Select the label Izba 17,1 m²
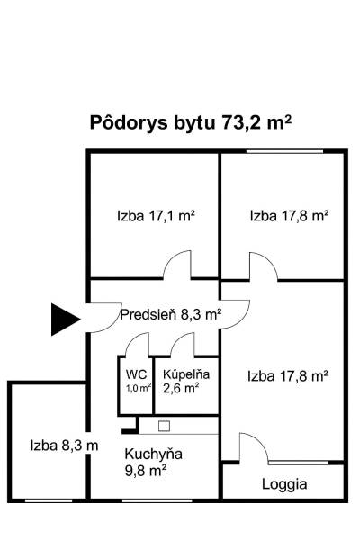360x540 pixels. click(x=156, y=216)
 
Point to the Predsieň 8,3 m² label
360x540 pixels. click(x=171, y=314)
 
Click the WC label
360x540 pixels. click(x=136, y=374)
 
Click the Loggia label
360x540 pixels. click(x=284, y=483)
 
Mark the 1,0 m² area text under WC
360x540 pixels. click(x=138, y=388)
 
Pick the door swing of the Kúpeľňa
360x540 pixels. click(x=184, y=345)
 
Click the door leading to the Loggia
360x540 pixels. click(x=251, y=447)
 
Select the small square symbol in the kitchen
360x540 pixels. click(x=164, y=425)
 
